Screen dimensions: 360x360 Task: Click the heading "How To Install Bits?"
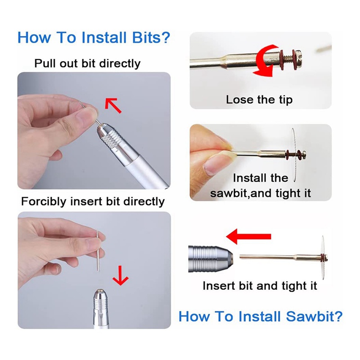[94, 37]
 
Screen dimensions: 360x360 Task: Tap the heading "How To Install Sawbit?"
[261, 316]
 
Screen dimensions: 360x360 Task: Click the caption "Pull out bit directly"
[87, 63]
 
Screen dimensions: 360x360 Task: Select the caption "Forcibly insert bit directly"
[93, 202]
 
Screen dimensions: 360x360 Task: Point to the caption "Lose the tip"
[259, 99]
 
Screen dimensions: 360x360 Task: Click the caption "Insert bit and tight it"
[260, 286]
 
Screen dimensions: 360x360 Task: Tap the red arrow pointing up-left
[113, 105]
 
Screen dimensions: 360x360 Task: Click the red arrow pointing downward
[121, 275]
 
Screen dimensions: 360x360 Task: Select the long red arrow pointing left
[249, 236]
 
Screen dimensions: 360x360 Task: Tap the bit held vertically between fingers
[98, 251]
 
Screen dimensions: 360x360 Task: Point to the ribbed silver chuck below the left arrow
[210, 259]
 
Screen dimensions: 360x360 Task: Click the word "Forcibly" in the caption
[44, 202]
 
